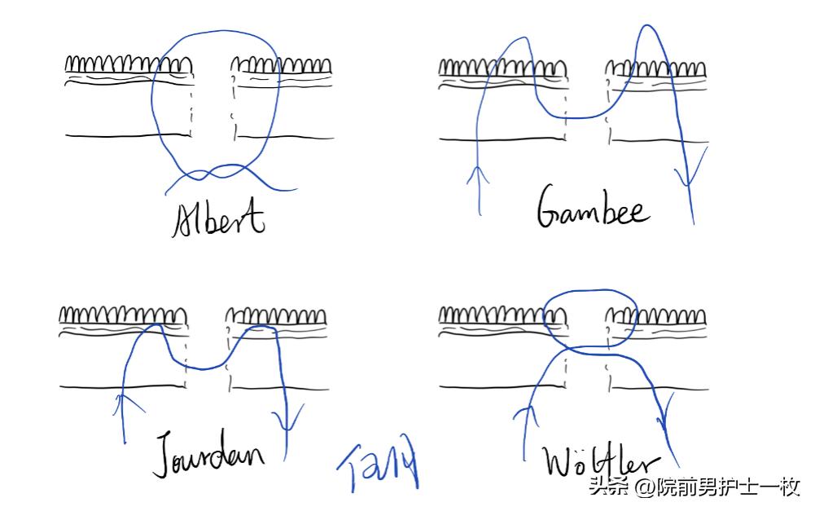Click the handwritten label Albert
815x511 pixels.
pos(219,218)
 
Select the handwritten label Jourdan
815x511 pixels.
pos(209,451)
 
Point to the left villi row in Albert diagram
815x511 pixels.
pos(129,64)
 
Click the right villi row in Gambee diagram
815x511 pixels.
pos(656,68)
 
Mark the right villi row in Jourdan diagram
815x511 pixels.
pos(277,315)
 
